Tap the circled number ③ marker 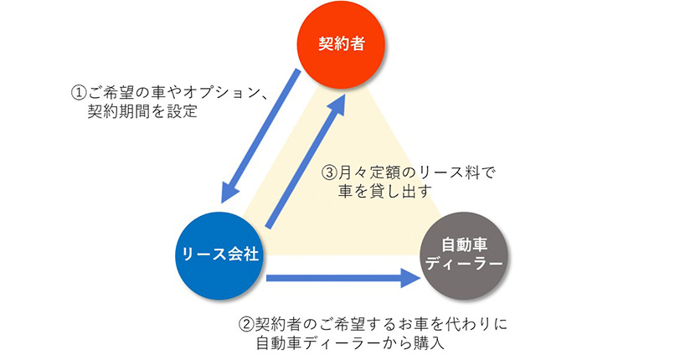pyautogui.click(x=330, y=173)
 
